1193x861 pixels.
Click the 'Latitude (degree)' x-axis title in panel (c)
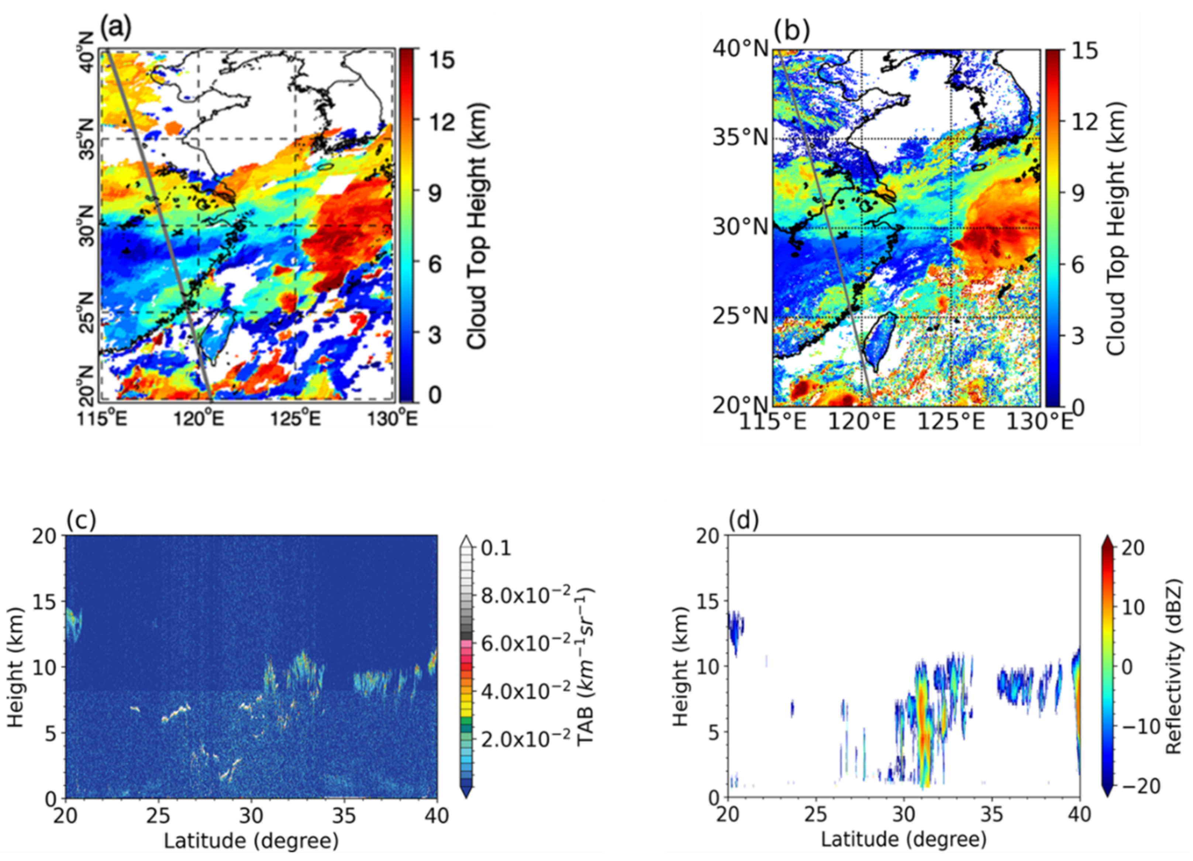251,840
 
